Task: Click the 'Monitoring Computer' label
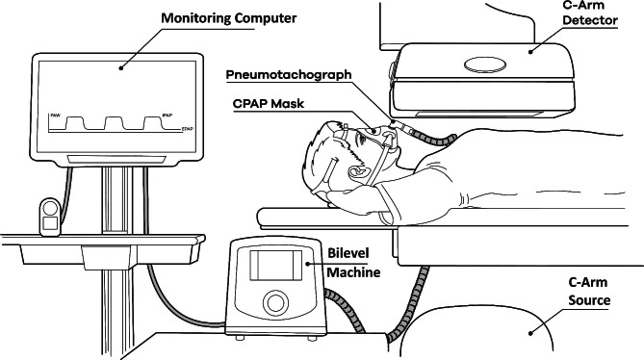[x=229, y=18]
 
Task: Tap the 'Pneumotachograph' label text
[x=289, y=75]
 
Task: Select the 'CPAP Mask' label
[x=269, y=103]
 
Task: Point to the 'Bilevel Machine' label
[x=353, y=263]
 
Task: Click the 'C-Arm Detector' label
[x=590, y=13]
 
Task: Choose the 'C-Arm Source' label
[x=589, y=291]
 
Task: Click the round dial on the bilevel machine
[x=275, y=303]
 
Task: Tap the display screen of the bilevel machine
[x=275, y=265]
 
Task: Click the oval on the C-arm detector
[x=485, y=64]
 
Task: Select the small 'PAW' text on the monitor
[x=56, y=116]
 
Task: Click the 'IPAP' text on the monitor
[x=167, y=116]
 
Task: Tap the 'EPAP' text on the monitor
[x=188, y=129]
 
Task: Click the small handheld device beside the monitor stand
[x=50, y=217]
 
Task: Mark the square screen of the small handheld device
[x=50, y=223]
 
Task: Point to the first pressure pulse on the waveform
[x=76, y=123]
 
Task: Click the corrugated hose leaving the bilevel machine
[x=345, y=309]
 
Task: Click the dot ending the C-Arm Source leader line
[x=530, y=333]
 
